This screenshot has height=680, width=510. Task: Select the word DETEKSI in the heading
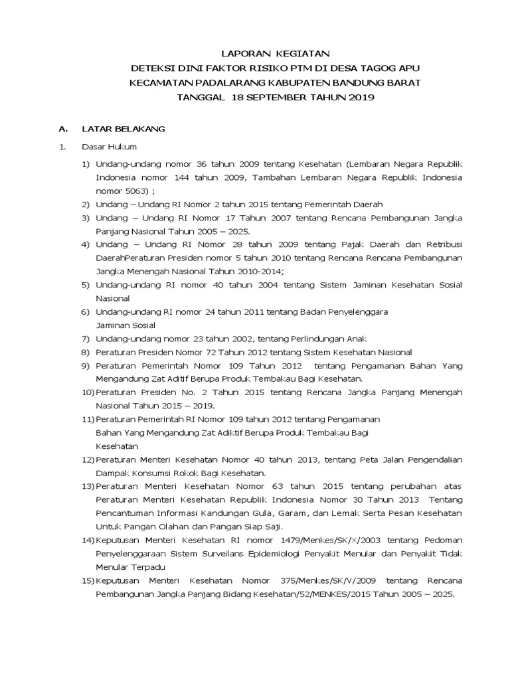153,68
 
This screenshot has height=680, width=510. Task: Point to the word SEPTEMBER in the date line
278,98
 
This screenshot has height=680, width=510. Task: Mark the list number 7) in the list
86,339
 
